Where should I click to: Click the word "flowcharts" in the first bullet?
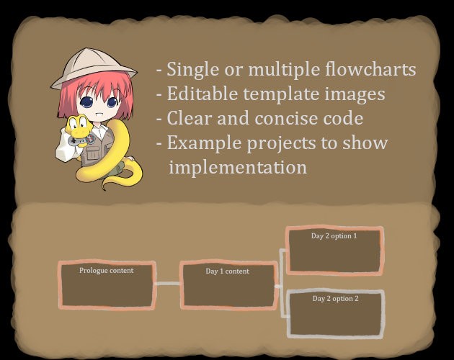point(370,69)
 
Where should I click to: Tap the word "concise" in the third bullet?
point(286,118)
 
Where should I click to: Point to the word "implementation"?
point(238,167)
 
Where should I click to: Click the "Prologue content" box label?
point(106,270)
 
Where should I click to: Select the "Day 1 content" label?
point(227,271)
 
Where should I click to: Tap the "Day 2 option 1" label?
point(334,236)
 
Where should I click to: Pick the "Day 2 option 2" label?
point(336,298)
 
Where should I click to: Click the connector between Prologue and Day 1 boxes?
point(168,284)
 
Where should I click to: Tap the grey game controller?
point(81,140)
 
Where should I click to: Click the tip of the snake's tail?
point(104,189)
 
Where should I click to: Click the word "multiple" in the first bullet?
point(284,69)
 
